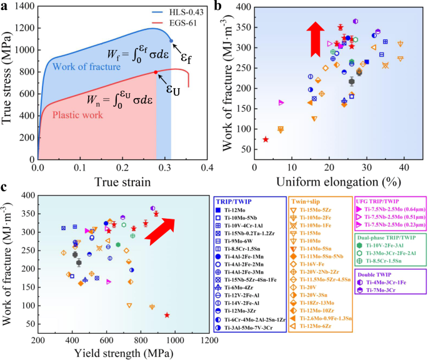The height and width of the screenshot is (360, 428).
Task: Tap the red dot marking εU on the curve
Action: (x=156, y=72)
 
